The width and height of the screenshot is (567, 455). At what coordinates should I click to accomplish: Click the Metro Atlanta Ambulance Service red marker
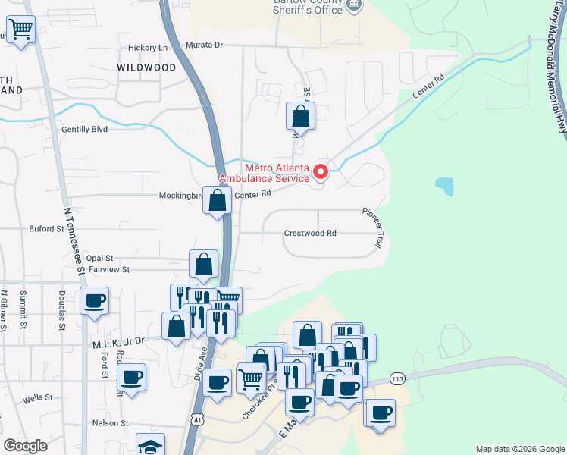pyautogui.click(x=320, y=173)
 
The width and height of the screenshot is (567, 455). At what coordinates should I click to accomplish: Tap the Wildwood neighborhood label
pyautogui.click(x=146, y=67)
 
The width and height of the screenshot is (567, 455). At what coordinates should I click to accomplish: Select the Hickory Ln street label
pyautogui.click(x=147, y=47)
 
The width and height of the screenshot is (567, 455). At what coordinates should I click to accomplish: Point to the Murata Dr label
pyautogui.click(x=205, y=45)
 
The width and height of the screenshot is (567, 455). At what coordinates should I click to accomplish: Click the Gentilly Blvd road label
pyautogui.click(x=85, y=129)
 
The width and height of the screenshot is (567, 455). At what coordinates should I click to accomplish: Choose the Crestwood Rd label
pyautogui.click(x=310, y=234)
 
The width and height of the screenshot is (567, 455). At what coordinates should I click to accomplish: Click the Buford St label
pyautogui.click(x=47, y=228)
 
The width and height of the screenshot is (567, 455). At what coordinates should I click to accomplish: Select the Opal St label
pyautogui.click(x=99, y=258)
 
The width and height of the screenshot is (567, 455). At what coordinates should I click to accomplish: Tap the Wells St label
pyautogui.click(x=37, y=397)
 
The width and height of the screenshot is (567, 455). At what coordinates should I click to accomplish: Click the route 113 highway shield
pyautogui.click(x=396, y=378)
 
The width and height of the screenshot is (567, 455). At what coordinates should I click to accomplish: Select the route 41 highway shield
pyautogui.click(x=197, y=439)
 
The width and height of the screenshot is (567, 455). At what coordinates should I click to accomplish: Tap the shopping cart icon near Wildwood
pyautogui.click(x=20, y=31)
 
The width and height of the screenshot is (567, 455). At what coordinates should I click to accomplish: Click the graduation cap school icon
pyautogui.click(x=150, y=446)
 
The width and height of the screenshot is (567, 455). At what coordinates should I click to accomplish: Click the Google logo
pyautogui.click(x=25, y=446)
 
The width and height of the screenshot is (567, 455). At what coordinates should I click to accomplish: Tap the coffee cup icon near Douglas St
pyautogui.click(x=95, y=301)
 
